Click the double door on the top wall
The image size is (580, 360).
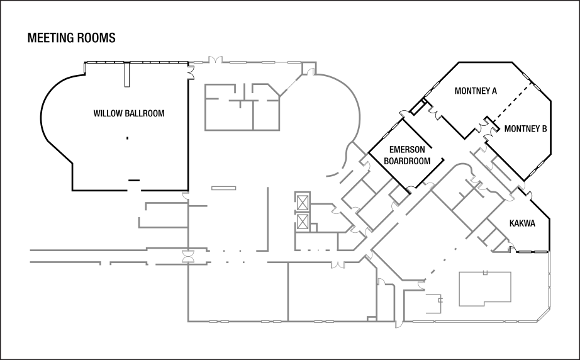(x=216, y=60)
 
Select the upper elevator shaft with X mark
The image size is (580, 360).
(x=303, y=202)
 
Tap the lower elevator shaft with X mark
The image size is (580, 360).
(x=303, y=222)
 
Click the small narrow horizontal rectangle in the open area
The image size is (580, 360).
(x=224, y=188)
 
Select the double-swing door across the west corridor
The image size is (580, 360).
(x=187, y=257)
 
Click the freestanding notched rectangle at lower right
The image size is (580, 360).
(x=484, y=289)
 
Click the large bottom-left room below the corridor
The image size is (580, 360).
(x=237, y=292)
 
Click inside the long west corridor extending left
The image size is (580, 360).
(x=88, y=256)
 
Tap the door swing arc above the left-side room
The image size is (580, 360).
(x=185, y=195)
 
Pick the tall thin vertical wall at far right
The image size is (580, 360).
(x=549, y=277)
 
